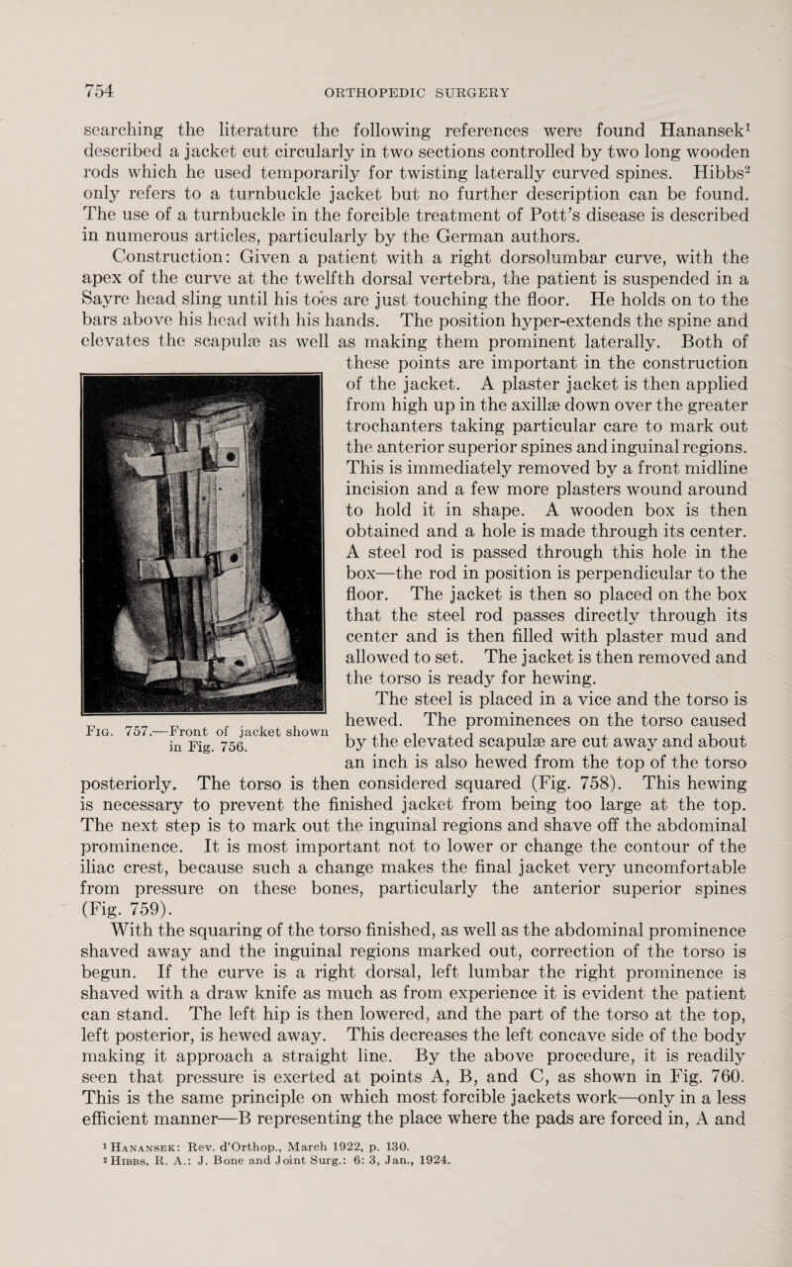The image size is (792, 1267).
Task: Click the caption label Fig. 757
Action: [x=128, y=758]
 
